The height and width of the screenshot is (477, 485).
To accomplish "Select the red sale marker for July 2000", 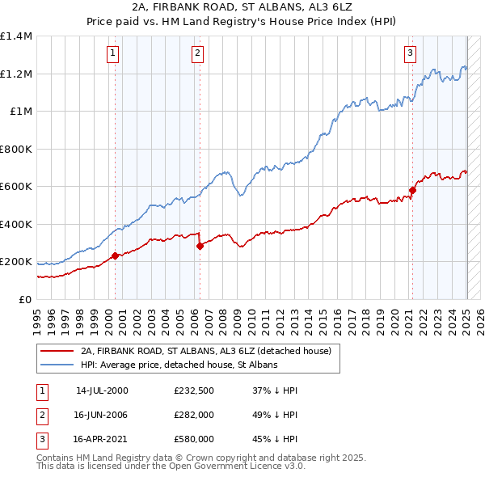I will coord(115,255).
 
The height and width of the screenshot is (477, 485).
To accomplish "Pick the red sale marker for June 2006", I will coord(200,247).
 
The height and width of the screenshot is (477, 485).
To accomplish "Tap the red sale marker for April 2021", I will coord(412,191).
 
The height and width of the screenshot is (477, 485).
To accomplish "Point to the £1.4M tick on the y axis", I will coord(16,36).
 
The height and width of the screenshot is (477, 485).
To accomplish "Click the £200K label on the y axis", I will coord(16,262).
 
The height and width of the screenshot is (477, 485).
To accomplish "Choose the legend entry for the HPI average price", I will coord(179,365).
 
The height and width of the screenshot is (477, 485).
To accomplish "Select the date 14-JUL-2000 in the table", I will coord(102,390).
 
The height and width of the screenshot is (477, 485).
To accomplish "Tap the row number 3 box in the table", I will coord(41,440).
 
